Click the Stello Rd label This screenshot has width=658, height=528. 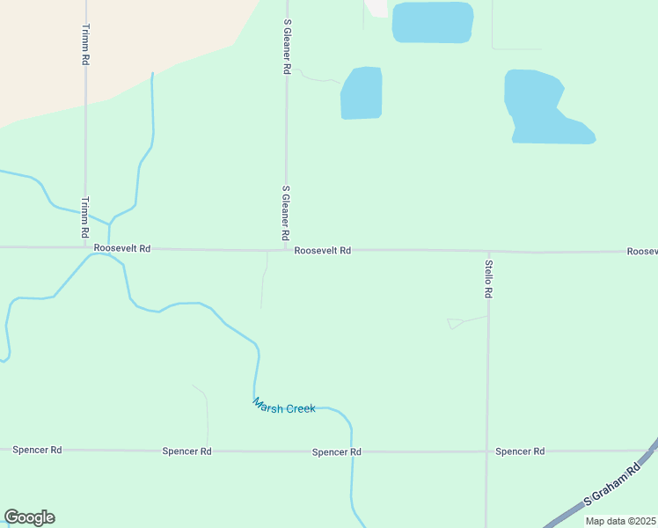coord(488,278)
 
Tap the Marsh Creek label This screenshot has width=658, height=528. coord(284,407)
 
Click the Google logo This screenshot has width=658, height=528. coord(29,517)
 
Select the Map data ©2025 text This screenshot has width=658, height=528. coord(620,521)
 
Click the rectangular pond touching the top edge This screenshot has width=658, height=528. coord(432,22)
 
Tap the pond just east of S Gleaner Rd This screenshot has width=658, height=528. coord(362,93)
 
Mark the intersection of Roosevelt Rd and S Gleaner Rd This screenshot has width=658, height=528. coord(287,250)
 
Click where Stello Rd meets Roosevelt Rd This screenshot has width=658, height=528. coord(487,251)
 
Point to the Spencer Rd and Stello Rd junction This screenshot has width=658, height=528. coord(486,451)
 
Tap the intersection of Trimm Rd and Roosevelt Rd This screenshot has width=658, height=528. coord(85,248)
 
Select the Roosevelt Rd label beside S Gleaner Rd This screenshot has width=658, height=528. coord(323,251)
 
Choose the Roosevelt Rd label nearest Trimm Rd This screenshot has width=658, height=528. coord(122,249)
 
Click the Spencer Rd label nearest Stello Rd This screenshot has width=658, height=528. coord(520,451)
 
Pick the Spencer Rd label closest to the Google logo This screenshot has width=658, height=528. coord(37,450)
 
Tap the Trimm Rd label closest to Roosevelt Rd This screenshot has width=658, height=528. coord(85,217)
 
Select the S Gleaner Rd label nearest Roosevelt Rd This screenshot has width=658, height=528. coord(286,213)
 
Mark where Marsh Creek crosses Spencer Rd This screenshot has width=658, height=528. coord(352,451)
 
